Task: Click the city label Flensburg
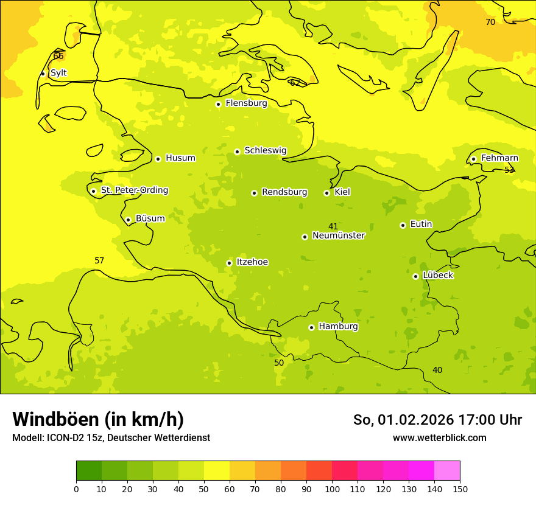(x=246, y=103)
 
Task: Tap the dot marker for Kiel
(x=326, y=193)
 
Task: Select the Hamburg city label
(x=338, y=327)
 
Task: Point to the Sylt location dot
(x=43, y=74)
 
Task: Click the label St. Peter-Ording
(x=134, y=190)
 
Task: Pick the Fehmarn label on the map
(x=499, y=158)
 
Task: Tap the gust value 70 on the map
(x=490, y=23)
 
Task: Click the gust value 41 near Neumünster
(x=333, y=227)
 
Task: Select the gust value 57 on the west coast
(x=99, y=261)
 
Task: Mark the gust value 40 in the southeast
(x=437, y=371)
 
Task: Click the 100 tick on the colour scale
(x=332, y=489)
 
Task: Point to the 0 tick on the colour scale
(x=76, y=489)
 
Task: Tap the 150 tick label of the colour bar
(x=460, y=489)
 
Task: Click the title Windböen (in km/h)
(x=98, y=419)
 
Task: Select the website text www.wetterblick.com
(x=439, y=438)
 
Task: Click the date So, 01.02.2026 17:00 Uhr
(x=437, y=420)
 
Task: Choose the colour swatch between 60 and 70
(x=242, y=471)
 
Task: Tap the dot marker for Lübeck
(x=415, y=276)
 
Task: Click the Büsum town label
(x=150, y=218)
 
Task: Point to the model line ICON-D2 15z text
(x=111, y=438)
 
